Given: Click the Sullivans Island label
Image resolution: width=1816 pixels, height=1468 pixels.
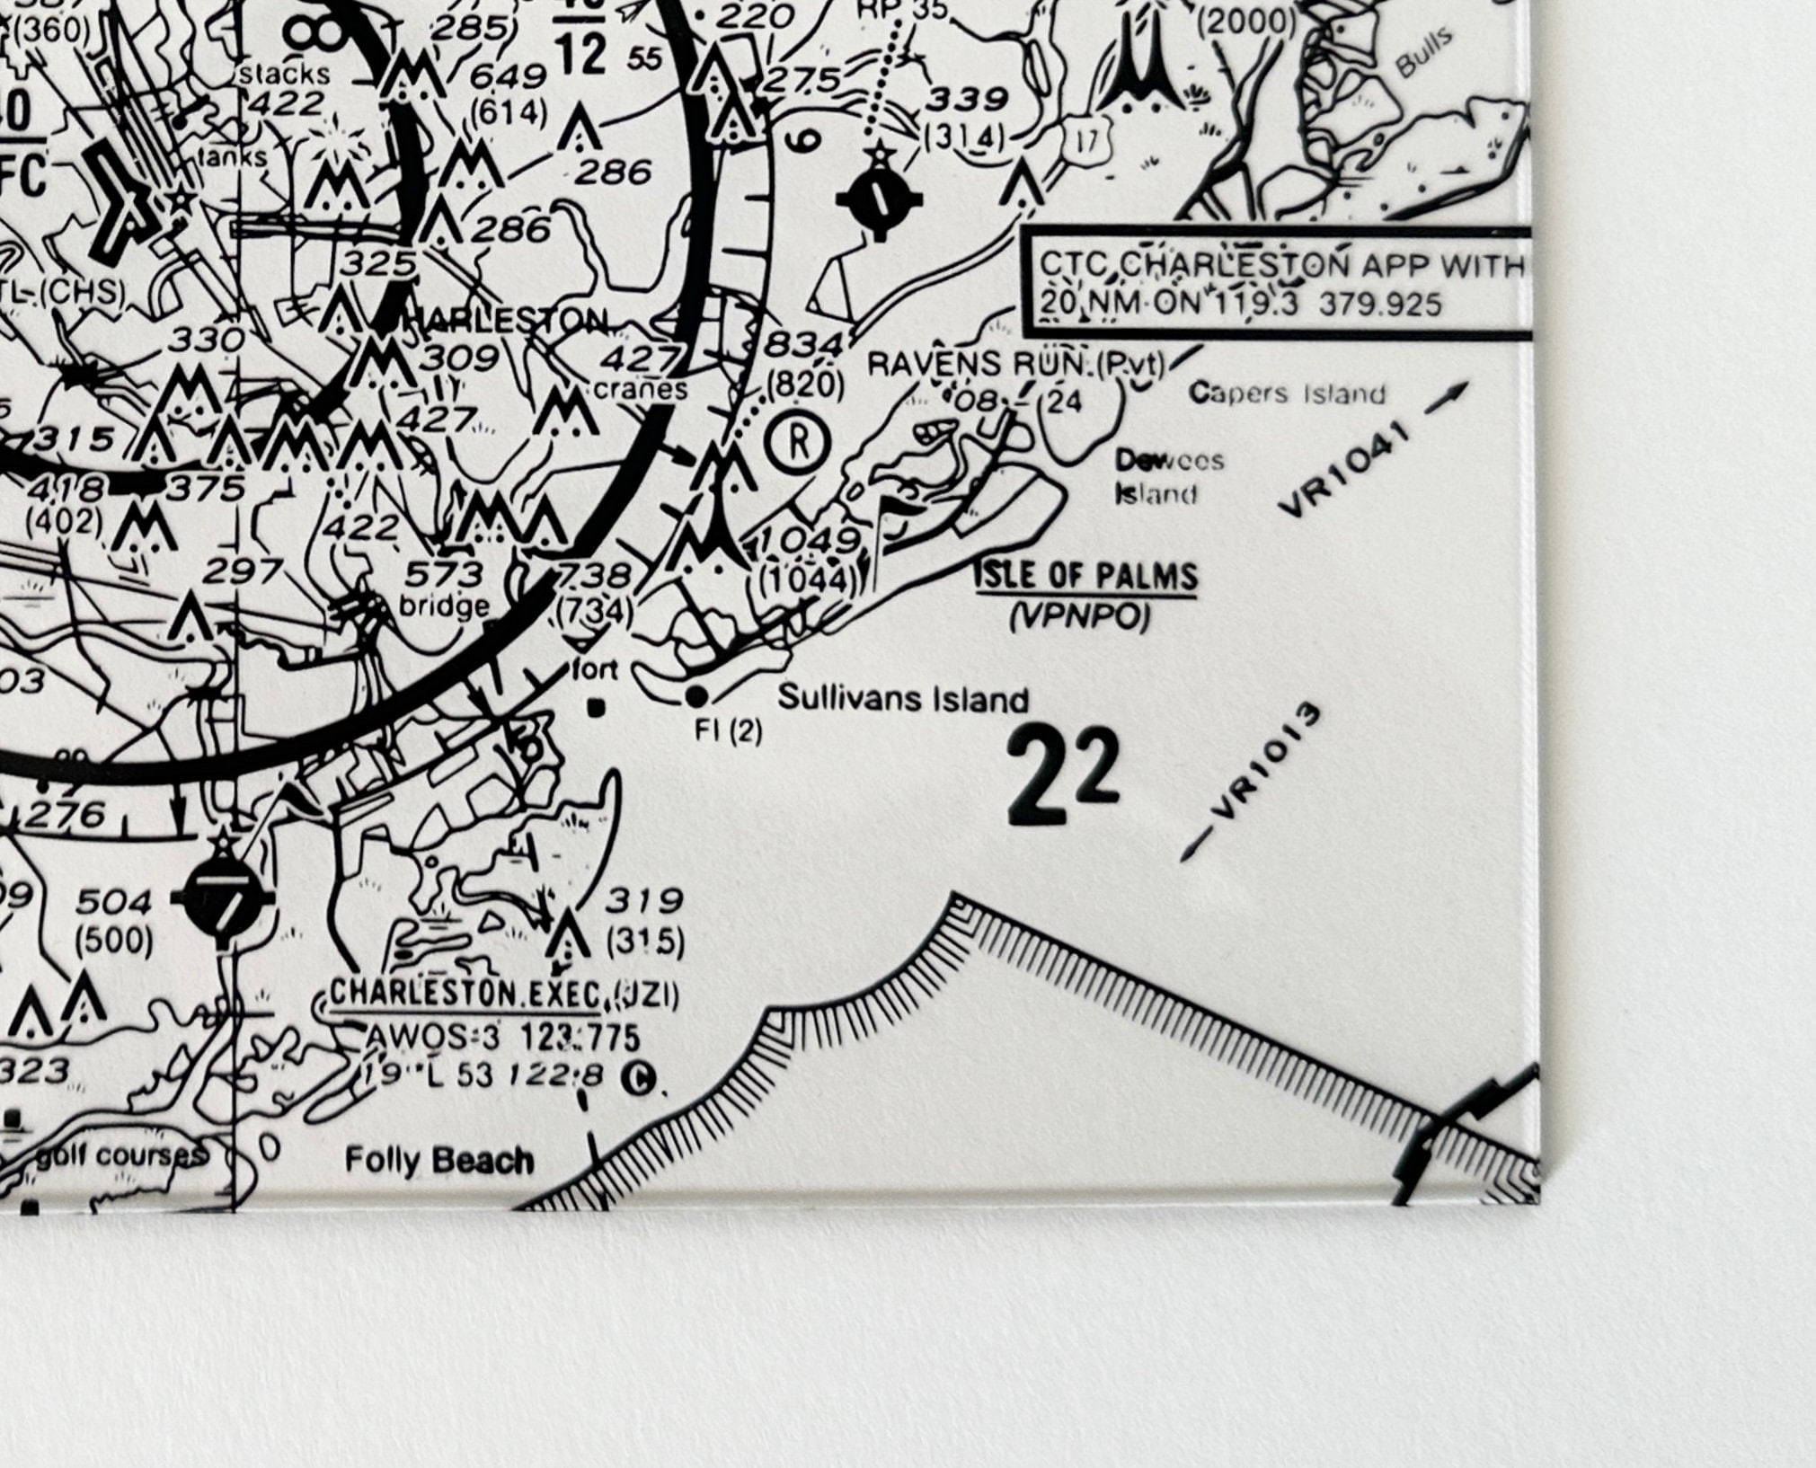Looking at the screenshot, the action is [x=902, y=698].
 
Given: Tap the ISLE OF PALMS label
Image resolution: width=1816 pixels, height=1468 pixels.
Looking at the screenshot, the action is [x=1086, y=576].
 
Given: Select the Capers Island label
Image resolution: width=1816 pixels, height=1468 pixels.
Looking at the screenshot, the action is [x=1287, y=393].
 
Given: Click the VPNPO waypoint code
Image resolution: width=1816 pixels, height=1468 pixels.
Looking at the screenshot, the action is [x=1079, y=617].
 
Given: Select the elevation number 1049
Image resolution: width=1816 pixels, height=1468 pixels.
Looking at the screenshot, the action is [x=808, y=541].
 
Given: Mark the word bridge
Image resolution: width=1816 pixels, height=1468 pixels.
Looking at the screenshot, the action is [x=444, y=606].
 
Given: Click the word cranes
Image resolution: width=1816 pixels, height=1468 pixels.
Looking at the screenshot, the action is [x=641, y=390].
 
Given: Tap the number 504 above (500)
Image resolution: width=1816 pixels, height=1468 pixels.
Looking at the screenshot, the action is [x=114, y=901].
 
